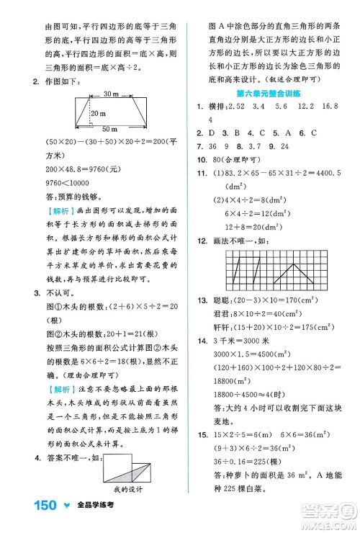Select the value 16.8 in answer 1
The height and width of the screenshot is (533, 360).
[x=328, y=107]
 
